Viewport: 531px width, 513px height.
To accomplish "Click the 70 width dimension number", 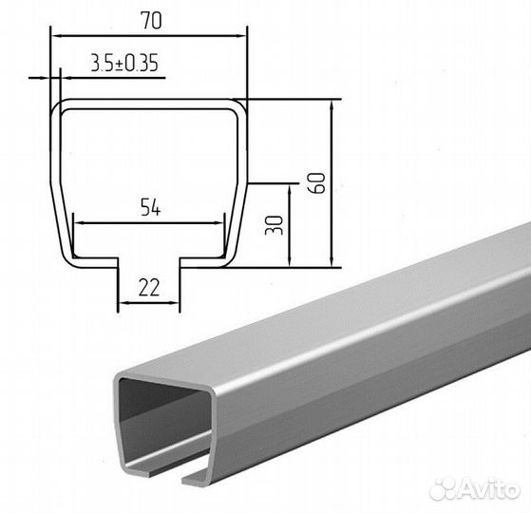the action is pos(152,20).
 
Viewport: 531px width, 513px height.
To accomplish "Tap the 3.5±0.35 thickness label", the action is pos(124,63).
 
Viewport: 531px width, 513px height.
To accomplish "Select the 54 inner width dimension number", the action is pos(150,207).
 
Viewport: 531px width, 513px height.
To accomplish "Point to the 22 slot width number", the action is pos(149,288).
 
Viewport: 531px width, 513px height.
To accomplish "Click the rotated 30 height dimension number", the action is pos(274,225).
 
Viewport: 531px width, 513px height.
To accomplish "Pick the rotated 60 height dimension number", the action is pos(316,182).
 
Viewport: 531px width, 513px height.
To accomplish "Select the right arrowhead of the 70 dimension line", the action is pos(241,35).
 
